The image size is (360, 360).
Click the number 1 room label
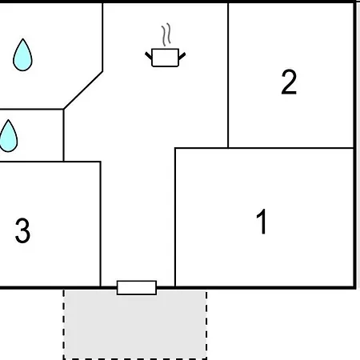(x=262, y=221)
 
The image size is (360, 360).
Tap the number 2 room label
(x=289, y=82)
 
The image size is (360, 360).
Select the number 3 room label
(x=22, y=230)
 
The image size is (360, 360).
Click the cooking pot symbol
(x=165, y=58)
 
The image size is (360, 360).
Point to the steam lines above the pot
(x=166, y=34)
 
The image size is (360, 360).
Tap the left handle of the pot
(x=149, y=56)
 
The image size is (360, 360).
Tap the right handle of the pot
(x=182, y=56)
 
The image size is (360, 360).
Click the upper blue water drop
(x=22, y=55)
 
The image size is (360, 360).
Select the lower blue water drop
(x=8, y=136)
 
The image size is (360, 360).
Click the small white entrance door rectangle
(x=137, y=288)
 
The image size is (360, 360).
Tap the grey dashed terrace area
(x=135, y=325)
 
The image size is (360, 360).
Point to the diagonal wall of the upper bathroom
(x=83, y=90)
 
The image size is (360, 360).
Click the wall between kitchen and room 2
(x=228, y=75)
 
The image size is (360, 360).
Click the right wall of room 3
(x=101, y=224)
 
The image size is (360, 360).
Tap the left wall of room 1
(x=175, y=218)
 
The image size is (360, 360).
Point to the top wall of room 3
(x=50, y=162)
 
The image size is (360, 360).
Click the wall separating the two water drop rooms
(x=32, y=109)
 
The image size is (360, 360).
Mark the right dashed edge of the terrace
(x=206, y=325)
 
